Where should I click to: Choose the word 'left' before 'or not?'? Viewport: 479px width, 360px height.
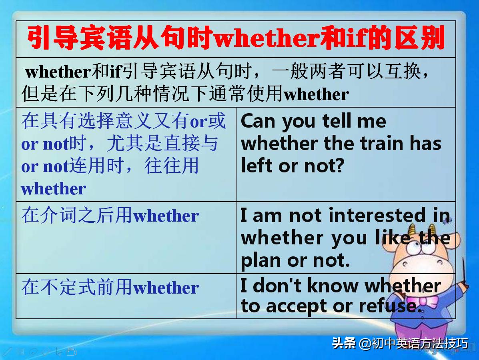257,166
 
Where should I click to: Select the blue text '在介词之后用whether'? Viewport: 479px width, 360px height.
110,216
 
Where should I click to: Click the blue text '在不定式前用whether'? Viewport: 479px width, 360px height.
110,287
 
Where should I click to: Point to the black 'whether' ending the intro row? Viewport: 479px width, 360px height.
316,94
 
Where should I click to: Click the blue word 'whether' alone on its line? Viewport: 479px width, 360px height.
54,189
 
